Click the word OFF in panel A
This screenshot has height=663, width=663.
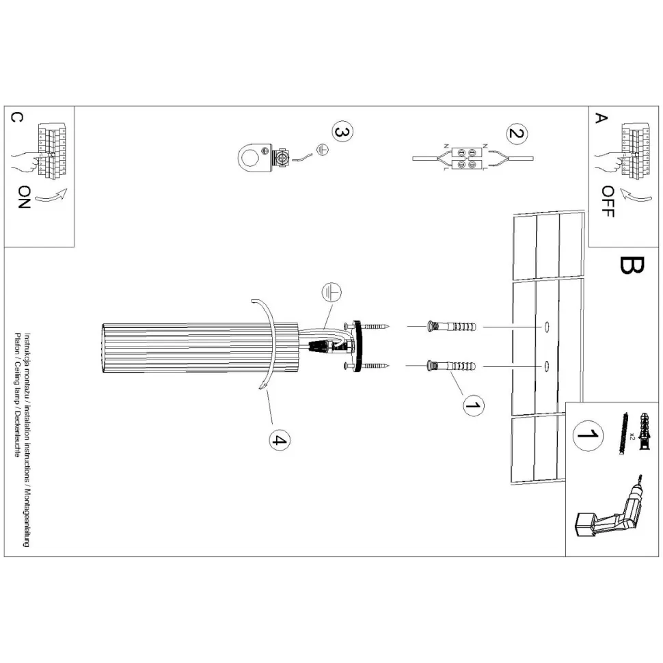coord(608,202)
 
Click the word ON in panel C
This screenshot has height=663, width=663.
coord(24,197)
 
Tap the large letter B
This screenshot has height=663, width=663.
coord(632,265)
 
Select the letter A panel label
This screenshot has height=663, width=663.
coord(600,118)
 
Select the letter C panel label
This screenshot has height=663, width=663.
coord(16,118)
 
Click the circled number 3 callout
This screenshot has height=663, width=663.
coord(342,131)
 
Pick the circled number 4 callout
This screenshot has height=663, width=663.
coord(280,441)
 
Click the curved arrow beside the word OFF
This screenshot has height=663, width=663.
coord(637,195)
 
